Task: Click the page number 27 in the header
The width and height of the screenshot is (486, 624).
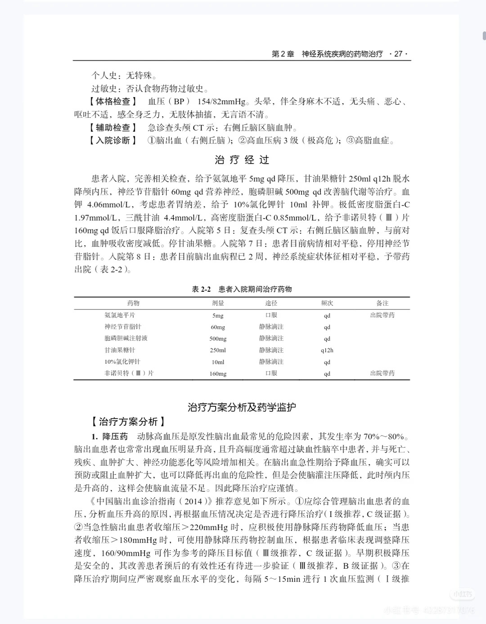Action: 398,54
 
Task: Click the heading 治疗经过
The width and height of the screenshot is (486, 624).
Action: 242,160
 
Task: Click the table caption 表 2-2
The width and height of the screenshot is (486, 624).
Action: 202,289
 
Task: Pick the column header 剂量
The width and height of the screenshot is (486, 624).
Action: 218,303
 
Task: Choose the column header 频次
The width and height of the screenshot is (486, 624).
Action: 327,303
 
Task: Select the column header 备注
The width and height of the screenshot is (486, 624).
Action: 382,303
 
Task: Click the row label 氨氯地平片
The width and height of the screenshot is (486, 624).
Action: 120,315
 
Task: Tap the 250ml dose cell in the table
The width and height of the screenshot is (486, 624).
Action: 218,350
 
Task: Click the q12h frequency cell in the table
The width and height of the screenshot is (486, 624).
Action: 327,350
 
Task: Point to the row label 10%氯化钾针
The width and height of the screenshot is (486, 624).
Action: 122,362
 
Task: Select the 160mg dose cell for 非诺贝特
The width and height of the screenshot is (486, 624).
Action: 218,374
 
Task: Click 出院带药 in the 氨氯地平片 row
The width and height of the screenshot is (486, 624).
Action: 382,315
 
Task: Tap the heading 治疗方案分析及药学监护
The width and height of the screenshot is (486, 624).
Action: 242,408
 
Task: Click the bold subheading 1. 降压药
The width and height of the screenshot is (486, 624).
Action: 110,437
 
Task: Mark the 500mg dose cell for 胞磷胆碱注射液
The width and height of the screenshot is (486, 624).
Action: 218,339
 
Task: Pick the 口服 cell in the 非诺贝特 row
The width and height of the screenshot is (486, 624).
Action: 271,374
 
